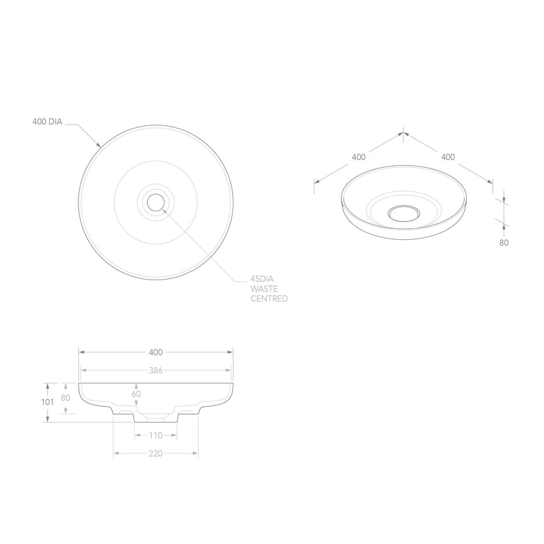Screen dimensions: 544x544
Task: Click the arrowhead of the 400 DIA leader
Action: coord(99,145)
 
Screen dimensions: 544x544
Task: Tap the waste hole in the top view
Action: coord(156,202)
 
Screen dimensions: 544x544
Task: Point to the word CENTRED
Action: coord(269,298)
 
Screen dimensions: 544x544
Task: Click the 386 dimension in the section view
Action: coord(156,371)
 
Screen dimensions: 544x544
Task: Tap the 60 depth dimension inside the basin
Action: coord(136,393)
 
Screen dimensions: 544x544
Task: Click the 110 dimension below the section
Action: coord(156,435)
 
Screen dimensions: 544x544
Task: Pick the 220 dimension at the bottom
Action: coord(156,453)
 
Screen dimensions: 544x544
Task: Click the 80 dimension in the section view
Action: coord(66,398)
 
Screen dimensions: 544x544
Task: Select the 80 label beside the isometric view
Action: coord(504,242)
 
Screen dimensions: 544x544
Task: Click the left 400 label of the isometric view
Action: coord(359,156)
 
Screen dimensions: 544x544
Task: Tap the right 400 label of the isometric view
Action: coord(448,156)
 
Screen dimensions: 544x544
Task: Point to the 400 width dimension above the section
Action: coord(156,352)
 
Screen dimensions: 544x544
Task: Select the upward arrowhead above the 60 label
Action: coord(136,385)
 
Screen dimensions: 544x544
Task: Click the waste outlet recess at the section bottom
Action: coord(156,417)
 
